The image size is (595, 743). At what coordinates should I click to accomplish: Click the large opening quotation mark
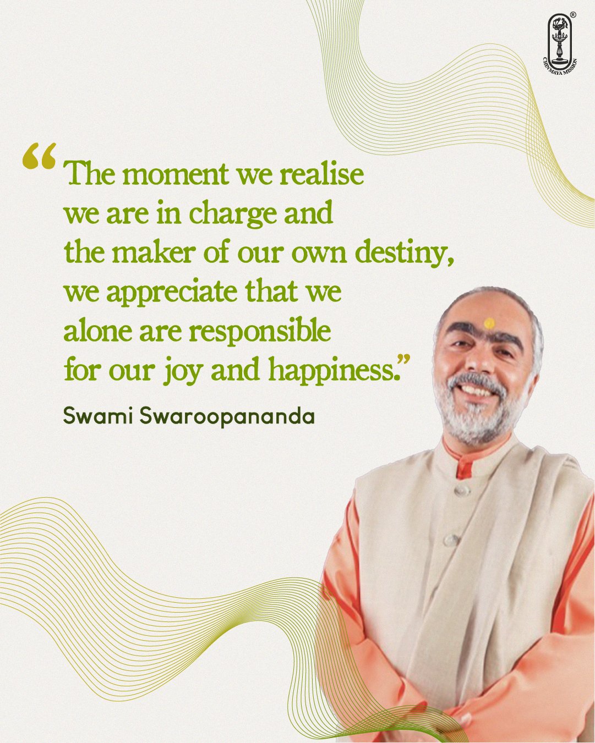[39, 157]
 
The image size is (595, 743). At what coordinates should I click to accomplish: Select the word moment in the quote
[176, 175]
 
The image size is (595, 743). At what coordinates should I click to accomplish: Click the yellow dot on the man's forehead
[489, 322]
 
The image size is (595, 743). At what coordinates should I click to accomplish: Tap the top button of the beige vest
[461, 490]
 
